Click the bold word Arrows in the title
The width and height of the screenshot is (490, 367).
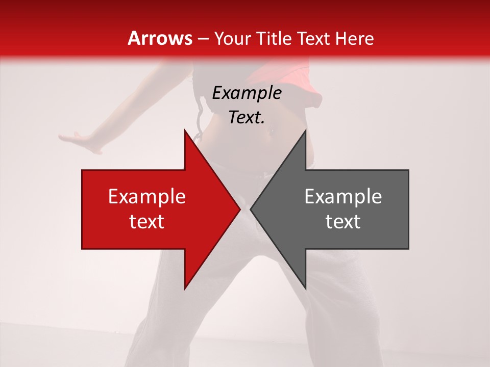point(160,38)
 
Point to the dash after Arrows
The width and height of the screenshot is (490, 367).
point(203,39)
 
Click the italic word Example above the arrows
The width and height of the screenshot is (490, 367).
point(247,93)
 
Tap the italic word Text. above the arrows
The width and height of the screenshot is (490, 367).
point(247,118)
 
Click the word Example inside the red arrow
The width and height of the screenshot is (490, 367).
point(146,197)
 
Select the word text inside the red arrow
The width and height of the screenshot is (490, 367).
point(146,222)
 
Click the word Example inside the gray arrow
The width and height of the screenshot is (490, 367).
point(343,197)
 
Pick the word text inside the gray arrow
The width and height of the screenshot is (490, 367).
point(343,222)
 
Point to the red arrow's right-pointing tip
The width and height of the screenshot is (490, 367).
point(239,209)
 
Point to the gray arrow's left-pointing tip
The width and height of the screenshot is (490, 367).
point(251,209)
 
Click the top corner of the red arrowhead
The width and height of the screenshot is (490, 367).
point(185,130)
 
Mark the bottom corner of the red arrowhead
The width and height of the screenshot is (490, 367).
point(185,288)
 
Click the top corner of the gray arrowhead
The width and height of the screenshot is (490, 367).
point(305,130)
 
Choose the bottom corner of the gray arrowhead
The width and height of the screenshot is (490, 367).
point(305,288)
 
